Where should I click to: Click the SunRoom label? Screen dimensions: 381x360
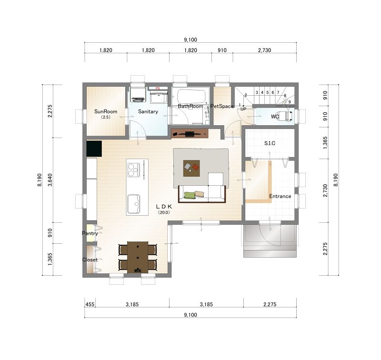[x=106, y=111]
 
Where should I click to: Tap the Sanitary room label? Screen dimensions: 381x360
[x=148, y=111]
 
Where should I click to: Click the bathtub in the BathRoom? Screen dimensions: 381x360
[x=191, y=97]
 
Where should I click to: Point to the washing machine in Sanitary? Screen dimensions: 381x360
[x=138, y=94]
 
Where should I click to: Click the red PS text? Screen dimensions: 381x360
[x=158, y=89]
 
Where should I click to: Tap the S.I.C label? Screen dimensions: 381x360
[x=270, y=143]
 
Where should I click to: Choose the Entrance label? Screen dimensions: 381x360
[x=280, y=196]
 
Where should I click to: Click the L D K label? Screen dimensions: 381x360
[x=164, y=207]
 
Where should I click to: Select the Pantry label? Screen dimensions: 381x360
[x=90, y=233]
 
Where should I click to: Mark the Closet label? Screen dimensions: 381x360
[x=90, y=260]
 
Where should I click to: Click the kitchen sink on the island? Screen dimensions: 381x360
[x=134, y=204]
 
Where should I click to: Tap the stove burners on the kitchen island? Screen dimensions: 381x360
[x=133, y=170]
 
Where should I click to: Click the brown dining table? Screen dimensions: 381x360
[x=138, y=257]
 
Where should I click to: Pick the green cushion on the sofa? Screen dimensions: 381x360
[x=190, y=195]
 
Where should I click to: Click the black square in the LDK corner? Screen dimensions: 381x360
[x=94, y=149]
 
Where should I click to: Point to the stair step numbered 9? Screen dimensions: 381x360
[x=290, y=102]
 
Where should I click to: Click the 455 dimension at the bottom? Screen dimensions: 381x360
[x=90, y=304]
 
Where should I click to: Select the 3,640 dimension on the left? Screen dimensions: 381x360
[x=50, y=180]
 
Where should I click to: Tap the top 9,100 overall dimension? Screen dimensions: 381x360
[x=190, y=40]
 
